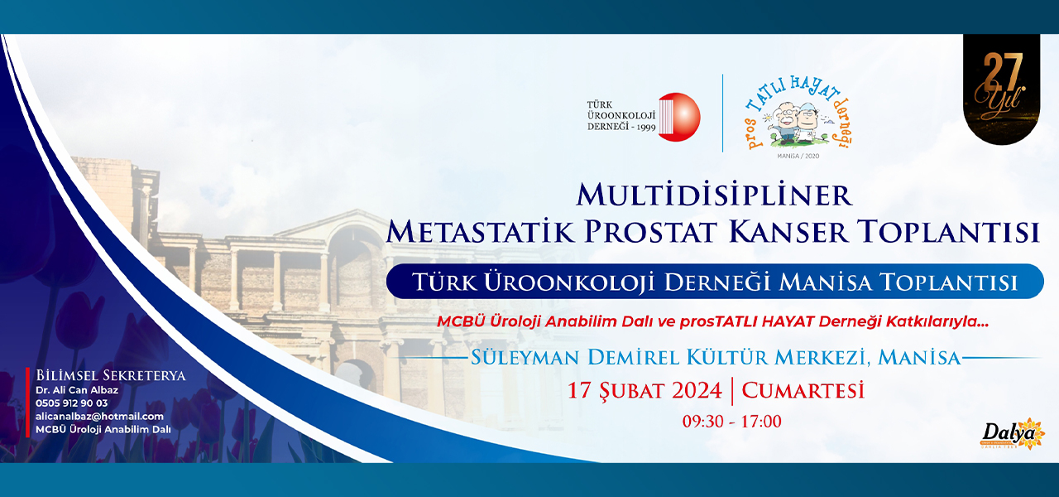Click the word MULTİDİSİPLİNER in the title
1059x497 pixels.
tap(714, 195)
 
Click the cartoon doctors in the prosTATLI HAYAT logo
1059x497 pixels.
tap(798, 123)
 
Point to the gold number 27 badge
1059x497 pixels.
tap(1001, 89)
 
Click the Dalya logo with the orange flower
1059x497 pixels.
tap(1012, 433)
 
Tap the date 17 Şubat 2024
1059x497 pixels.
tap(645, 391)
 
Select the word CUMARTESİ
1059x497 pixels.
tap(803, 391)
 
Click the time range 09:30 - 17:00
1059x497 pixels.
tap(731, 422)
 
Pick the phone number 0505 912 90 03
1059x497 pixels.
tap(71, 403)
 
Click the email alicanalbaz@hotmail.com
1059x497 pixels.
tap(99, 417)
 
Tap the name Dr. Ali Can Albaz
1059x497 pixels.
tap(77, 390)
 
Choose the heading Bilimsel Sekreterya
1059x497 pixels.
tap(111, 375)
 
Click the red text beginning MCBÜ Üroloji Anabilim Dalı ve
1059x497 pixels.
tap(712, 321)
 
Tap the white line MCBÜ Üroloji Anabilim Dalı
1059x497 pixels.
tap(103, 430)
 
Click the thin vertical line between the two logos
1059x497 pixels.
tap(722, 113)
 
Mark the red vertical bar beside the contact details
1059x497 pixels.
tap(27, 403)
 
